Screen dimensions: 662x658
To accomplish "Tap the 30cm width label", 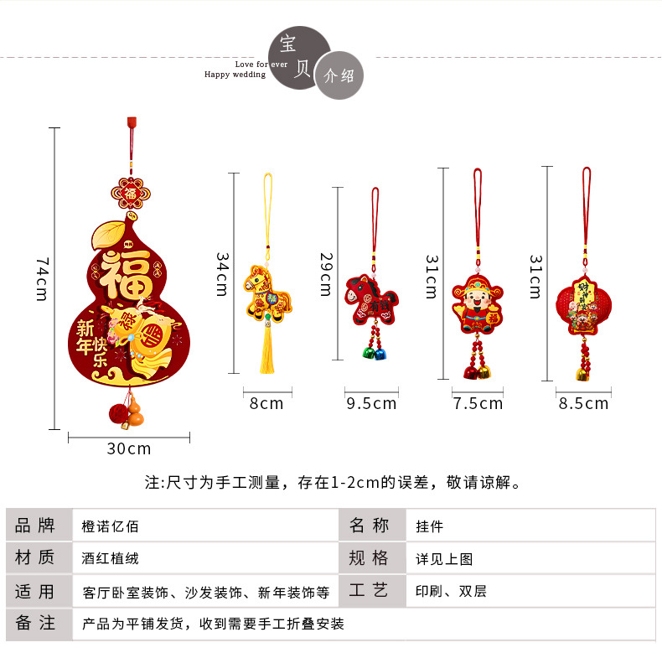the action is [129, 448].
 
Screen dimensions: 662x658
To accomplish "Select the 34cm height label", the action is [222, 273].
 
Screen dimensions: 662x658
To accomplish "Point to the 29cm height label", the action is [325, 273].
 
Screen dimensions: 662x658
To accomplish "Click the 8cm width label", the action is [266, 403].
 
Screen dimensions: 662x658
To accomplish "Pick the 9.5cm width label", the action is [371, 403].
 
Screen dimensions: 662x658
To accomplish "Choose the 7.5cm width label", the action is [478, 403].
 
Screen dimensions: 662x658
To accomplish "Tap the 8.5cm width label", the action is [583, 403].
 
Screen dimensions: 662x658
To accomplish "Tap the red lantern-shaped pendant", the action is [582, 305].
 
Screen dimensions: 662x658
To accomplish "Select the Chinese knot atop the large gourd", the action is [130, 194].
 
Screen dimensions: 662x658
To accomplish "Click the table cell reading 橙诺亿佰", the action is [111, 526].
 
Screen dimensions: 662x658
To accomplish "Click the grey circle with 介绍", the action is [339, 75].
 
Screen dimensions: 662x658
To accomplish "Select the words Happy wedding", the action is [235, 75].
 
